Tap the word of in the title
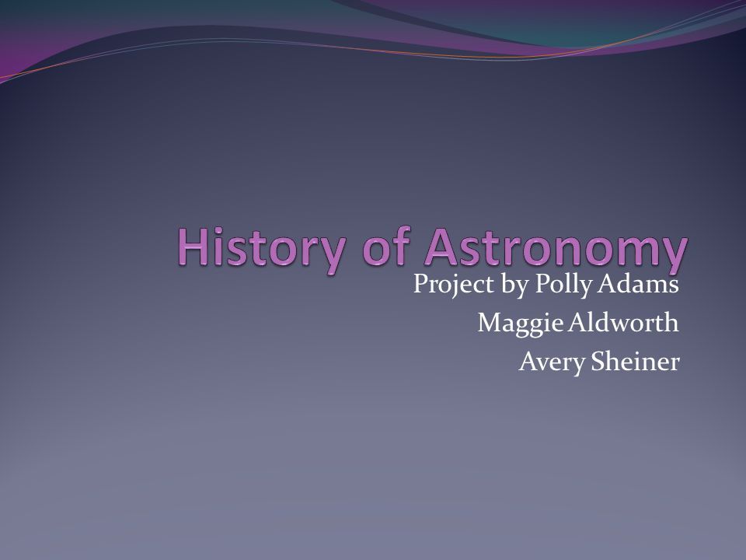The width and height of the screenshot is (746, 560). [386, 246]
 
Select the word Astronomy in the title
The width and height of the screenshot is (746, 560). [556, 250]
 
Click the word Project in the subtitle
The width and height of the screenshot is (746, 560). [447, 285]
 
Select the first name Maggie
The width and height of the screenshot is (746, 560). [521, 324]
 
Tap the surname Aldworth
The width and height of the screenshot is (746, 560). [624, 322]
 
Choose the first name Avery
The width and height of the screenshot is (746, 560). [552, 362]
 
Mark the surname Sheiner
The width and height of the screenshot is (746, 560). [635, 361]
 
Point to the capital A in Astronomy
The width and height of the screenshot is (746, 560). [441, 247]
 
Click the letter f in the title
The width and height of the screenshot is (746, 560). [402, 245]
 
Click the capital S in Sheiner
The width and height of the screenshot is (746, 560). [598, 362]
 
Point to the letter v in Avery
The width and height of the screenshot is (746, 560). [542, 364]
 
